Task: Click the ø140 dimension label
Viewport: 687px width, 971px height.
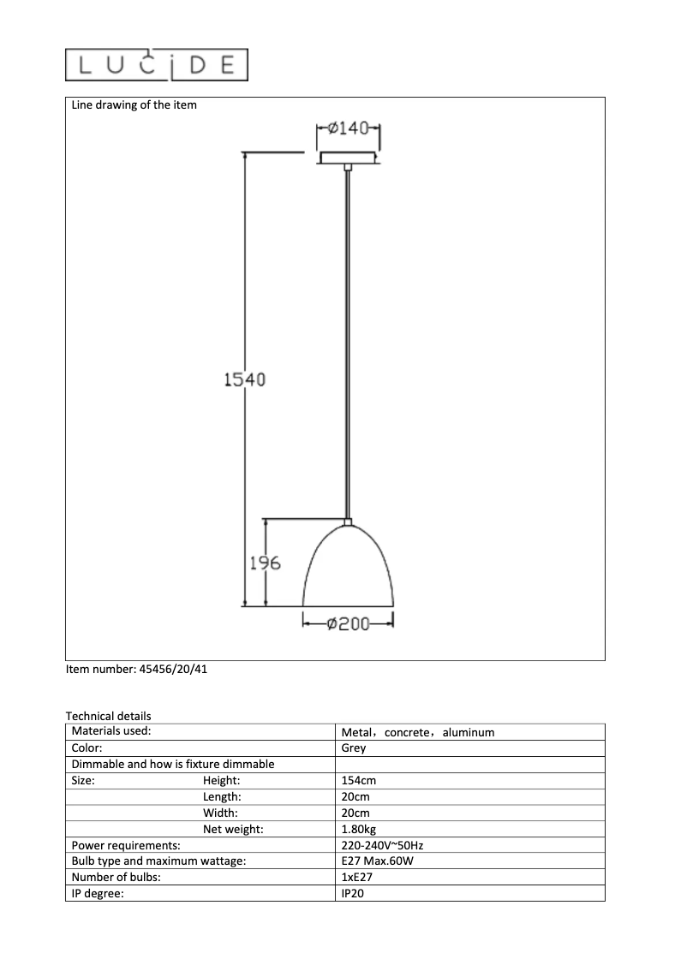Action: coord(348,128)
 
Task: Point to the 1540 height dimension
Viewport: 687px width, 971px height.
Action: coord(244,379)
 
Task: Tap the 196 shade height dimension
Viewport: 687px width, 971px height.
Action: coord(265,563)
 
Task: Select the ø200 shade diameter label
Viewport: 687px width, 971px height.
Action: coord(348,624)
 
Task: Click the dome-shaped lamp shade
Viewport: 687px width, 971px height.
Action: coord(348,569)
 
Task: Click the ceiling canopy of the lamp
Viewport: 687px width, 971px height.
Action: coord(348,158)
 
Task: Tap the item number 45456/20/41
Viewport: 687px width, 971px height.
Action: coord(137,670)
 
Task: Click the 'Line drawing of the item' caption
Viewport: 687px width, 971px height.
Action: coord(134,105)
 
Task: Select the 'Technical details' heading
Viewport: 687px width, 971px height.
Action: coord(108,716)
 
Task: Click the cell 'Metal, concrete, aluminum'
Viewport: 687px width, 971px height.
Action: coord(417,732)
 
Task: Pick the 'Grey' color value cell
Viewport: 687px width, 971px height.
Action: coord(353,748)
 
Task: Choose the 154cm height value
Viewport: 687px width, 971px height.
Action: coord(359,780)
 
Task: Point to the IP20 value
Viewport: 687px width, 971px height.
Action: coord(354,893)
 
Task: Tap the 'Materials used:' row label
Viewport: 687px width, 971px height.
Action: coord(111,731)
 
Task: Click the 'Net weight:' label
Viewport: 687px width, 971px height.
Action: coord(233,829)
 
